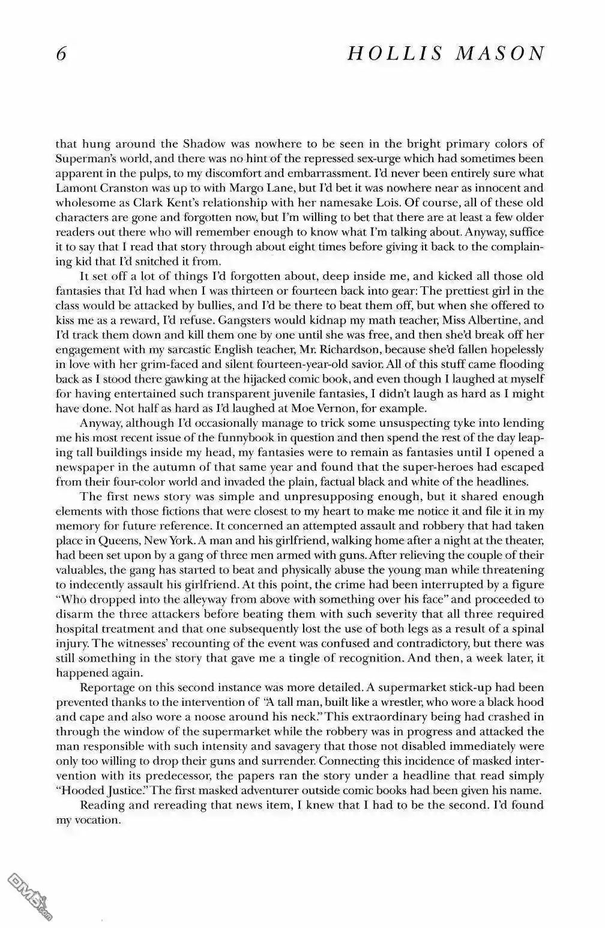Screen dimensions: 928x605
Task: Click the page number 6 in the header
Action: (60, 54)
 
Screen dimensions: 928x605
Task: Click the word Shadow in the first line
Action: (205, 144)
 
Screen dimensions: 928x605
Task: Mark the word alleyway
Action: (186, 600)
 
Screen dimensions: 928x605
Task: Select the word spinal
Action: (527, 629)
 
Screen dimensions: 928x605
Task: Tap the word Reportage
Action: (106, 687)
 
